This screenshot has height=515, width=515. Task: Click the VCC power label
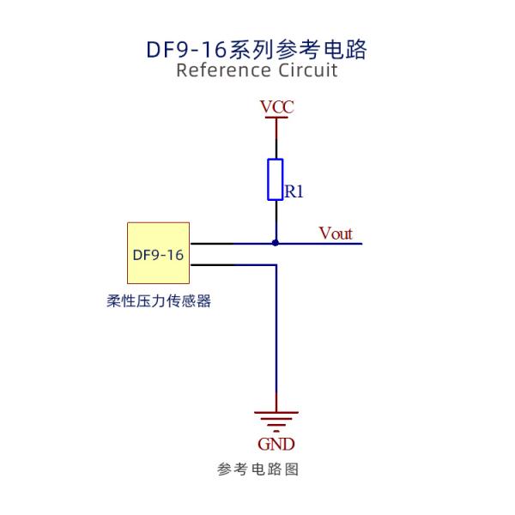click(x=276, y=107)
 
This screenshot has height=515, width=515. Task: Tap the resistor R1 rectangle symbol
click(x=276, y=179)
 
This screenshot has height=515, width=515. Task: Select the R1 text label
click(x=294, y=191)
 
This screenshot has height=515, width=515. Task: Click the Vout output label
click(x=335, y=233)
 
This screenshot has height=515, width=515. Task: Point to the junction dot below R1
click(x=276, y=243)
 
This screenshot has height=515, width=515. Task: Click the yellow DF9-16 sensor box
click(x=158, y=253)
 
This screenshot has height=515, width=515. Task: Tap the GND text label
click(x=276, y=444)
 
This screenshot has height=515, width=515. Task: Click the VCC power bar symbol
click(x=276, y=118)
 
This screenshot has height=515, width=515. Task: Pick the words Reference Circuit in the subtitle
click(x=257, y=70)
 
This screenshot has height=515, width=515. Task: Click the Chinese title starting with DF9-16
click(x=257, y=49)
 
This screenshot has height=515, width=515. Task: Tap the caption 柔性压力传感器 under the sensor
click(x=158, y=301)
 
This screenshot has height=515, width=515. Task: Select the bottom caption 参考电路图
click(x=257, y=470)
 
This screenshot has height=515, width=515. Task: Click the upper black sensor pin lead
click(x=211, y=243)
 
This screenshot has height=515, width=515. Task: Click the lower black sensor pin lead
click(x=211, y=264)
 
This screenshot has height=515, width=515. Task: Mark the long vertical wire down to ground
click(x=276, y=343)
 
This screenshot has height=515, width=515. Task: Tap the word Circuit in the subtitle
click(x=308, y=70)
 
